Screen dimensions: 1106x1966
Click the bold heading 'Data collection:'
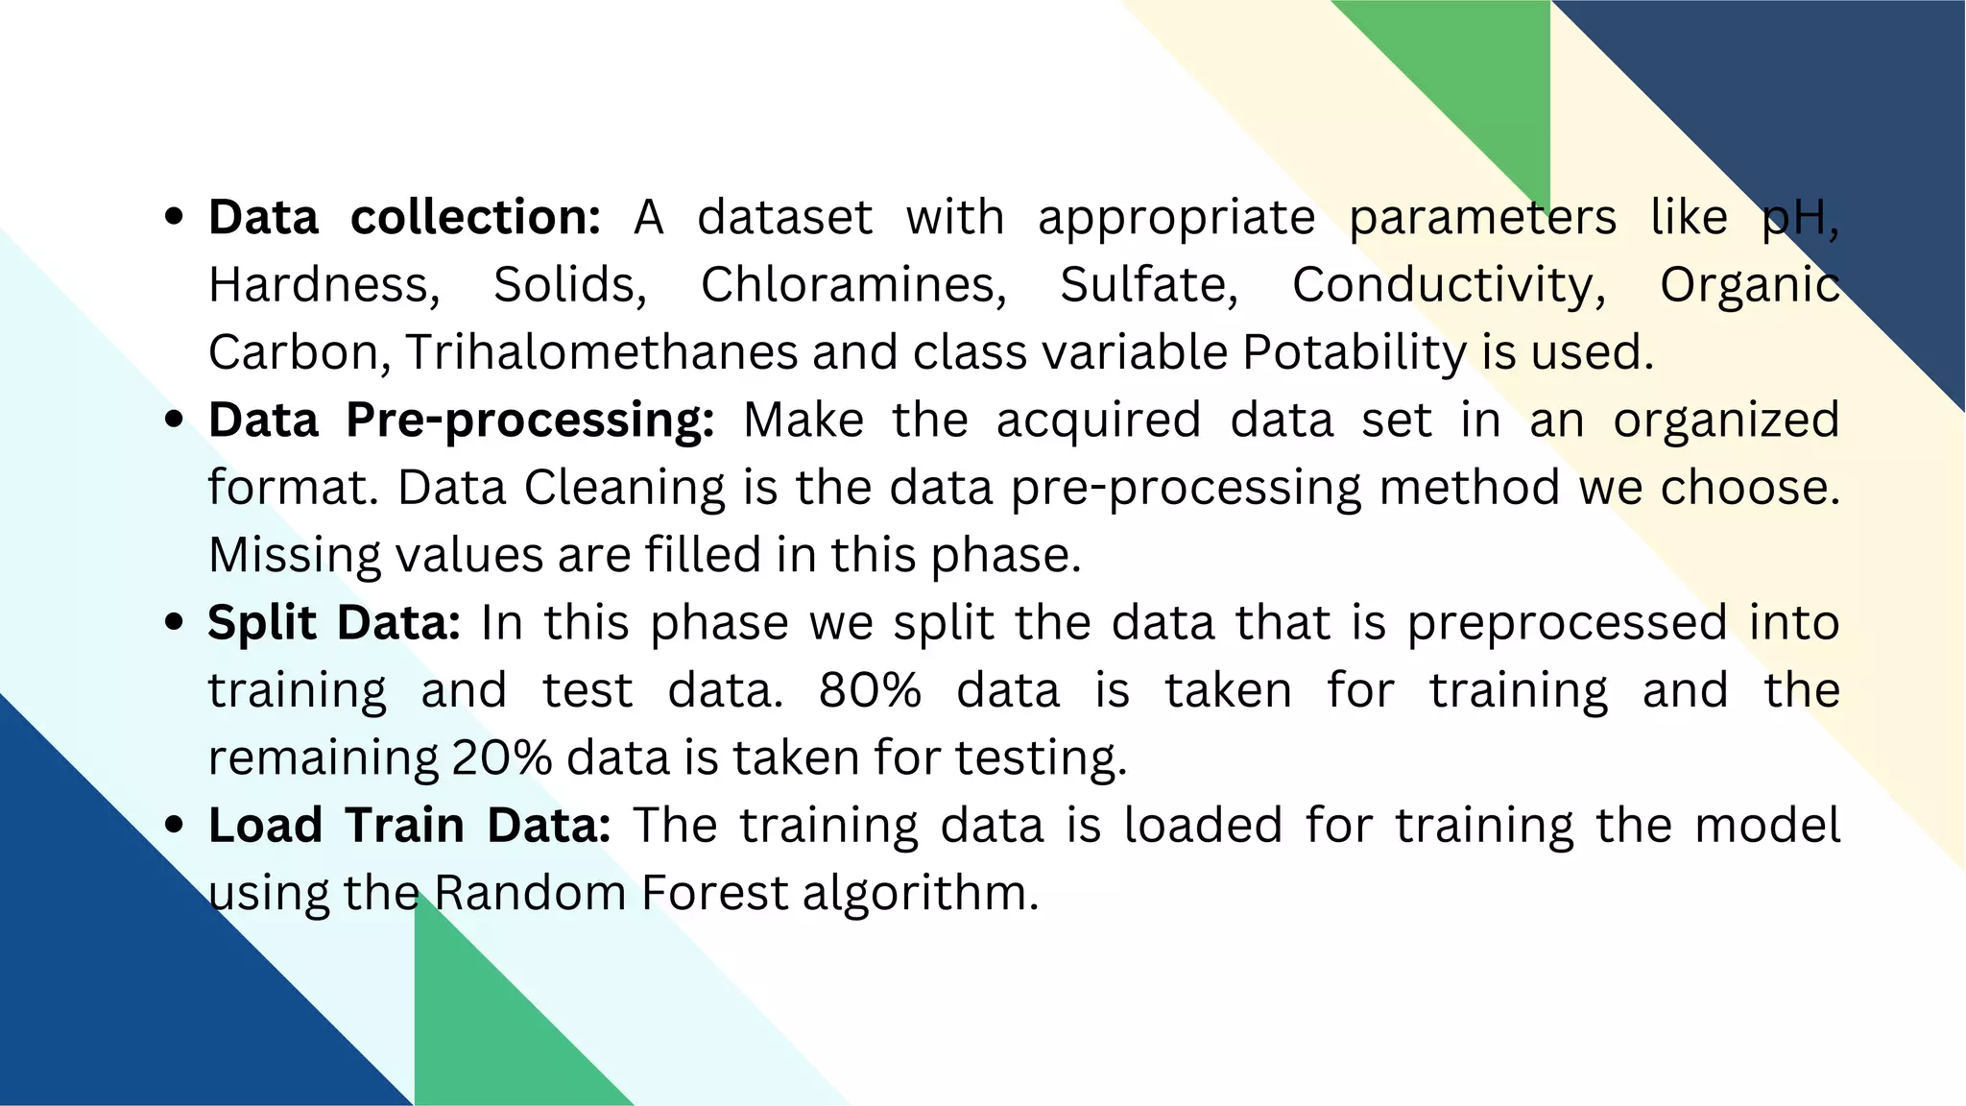[x=404, y=217]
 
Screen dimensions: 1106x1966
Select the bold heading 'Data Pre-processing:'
[x=461, y=421]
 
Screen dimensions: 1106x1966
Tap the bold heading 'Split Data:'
[x=334, y=623]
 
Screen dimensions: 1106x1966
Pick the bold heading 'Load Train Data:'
[x=409, y=826]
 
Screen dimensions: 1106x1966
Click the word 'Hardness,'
[x=324, y=285]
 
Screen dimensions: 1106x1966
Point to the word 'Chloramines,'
[x=853, y=285]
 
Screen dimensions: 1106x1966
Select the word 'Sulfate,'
[x=1149, y=285]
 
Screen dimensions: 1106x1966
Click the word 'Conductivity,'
[x=1449, y=285]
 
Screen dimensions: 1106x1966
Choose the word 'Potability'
[x=1354, y=352]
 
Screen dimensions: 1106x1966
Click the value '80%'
[x=870, y=690]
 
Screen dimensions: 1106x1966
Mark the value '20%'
[x=501, y=758]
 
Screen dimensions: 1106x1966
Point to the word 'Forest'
[x=714, y=893]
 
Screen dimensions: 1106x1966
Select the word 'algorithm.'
[x=921, y=893]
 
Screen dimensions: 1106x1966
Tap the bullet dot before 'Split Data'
[x=174, y=622]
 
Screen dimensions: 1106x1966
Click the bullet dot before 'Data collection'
[x=174, y=217]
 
